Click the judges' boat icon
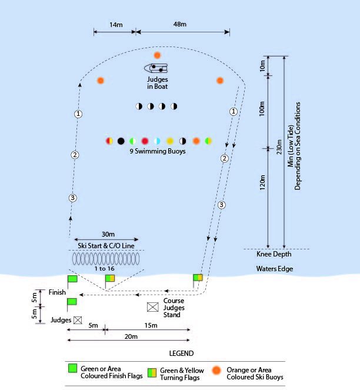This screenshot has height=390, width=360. (x=156, y=68)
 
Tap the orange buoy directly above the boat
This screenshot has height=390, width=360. (x=157, y=55)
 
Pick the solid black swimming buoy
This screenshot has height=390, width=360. (x=121, y=141)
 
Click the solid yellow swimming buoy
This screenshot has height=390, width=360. (x=170, y=141)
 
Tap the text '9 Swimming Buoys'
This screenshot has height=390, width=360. (x=157, y=151)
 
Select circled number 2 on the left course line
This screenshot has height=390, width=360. (x=75, y=155)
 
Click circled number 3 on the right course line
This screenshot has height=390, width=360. (x=221, y=205)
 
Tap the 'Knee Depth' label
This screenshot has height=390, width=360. (x=274, y=254)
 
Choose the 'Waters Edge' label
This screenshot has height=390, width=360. (x=274, y=269)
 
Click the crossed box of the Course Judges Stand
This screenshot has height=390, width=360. (x=153, y=307)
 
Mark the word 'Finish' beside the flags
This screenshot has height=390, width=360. (x=57, y=292)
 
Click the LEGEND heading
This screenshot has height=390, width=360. (x=181, y=354)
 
